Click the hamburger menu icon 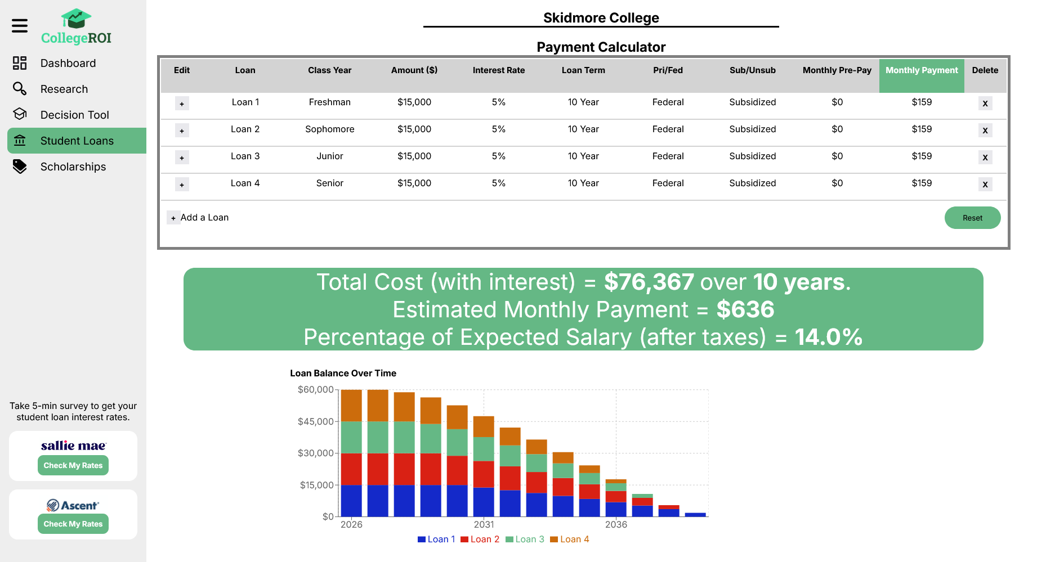click(20, 25)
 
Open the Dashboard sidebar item click(68, 63)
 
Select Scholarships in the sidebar click(73, 167)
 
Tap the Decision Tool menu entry click(74, 115)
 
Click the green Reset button click(972, 218)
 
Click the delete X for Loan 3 click(985, 158)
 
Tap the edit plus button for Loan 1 click(182, 104)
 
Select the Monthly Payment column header click(921, 70)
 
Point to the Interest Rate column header click(498, 70)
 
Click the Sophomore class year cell click(329, 129)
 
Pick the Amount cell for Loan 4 click(414, 183)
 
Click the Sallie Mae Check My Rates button click(73, 465)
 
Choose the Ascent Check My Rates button click(73, 524)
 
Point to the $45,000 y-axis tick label click(315, 421)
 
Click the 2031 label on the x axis click(484, 524)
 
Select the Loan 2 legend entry click(480, 539)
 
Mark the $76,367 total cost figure click(649, 282)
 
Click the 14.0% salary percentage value click(828, 337)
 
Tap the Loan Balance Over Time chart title click(343, 373)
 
